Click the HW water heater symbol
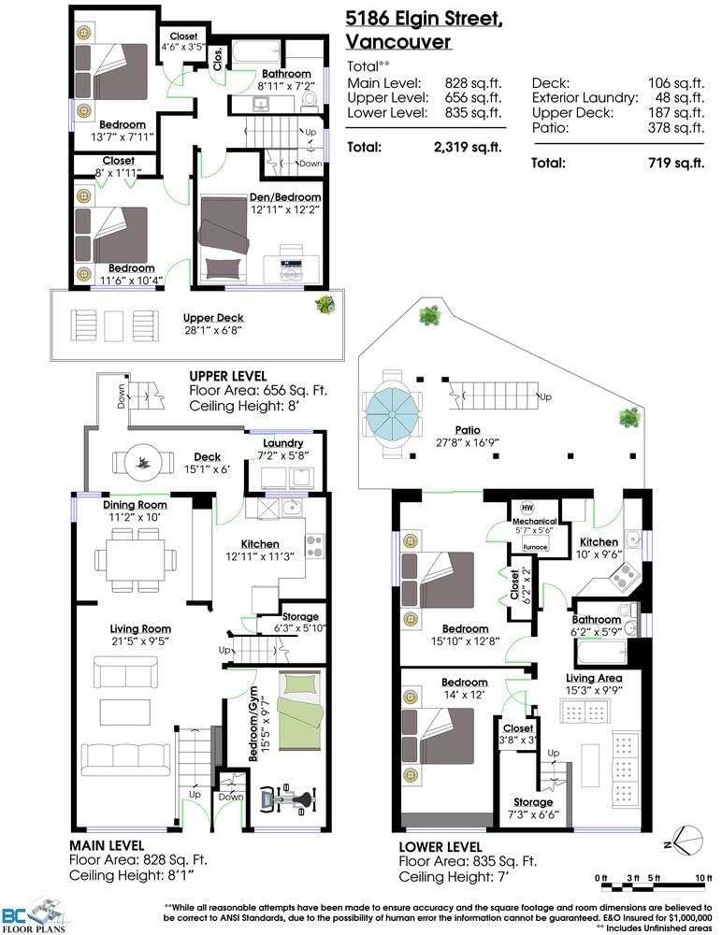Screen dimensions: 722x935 point(527,508)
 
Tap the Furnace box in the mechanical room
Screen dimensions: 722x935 point(535,547)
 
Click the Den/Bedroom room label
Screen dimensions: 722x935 point(285,197)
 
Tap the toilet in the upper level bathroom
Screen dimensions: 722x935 point(309,100)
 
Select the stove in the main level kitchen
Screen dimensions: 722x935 point(314,546)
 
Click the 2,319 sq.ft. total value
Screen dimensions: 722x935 point(468,148)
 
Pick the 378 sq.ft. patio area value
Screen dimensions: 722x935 point(676,127)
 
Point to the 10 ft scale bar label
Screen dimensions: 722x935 point(704,878)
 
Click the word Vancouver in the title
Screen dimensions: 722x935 point(398,42)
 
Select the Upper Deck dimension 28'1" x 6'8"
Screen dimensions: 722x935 point(213,330)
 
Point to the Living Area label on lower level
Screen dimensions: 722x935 point(594,678)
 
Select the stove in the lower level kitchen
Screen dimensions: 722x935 point(624,576)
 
